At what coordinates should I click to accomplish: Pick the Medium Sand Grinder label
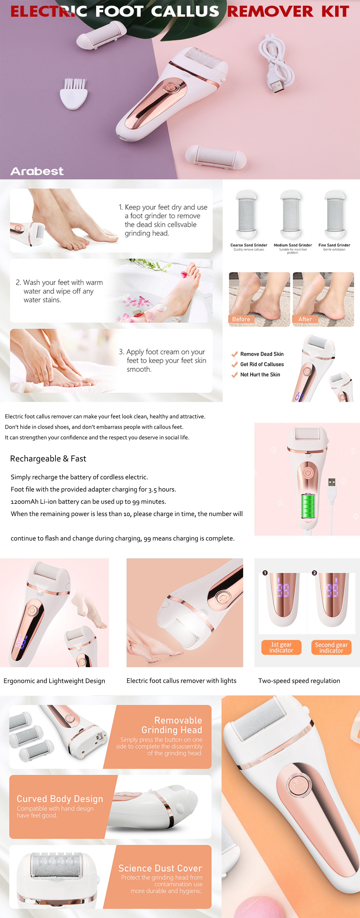(x=293, y=245)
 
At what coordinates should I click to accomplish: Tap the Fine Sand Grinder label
(x=334, y=245)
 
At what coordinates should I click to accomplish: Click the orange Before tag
(x=241, y=319)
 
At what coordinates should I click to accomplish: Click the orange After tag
(x=305, y=319)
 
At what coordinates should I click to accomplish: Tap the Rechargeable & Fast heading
(x=48, y=459)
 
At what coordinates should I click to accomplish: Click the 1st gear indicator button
(x=281, y=647)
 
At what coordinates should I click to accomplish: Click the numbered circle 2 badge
(x=314, y=573)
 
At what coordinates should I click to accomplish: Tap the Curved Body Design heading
(x=60, y=799)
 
